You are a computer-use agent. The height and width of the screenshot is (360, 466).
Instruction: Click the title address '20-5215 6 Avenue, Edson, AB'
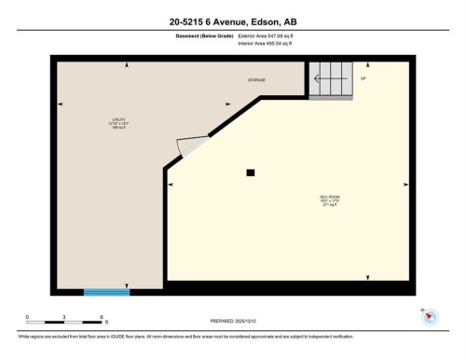click(232, 20)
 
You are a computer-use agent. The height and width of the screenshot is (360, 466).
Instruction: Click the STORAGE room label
click(256, 80)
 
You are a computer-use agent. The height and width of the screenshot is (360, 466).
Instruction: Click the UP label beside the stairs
click(363, 78)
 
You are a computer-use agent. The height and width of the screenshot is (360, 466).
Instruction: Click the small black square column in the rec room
click(250, 172)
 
